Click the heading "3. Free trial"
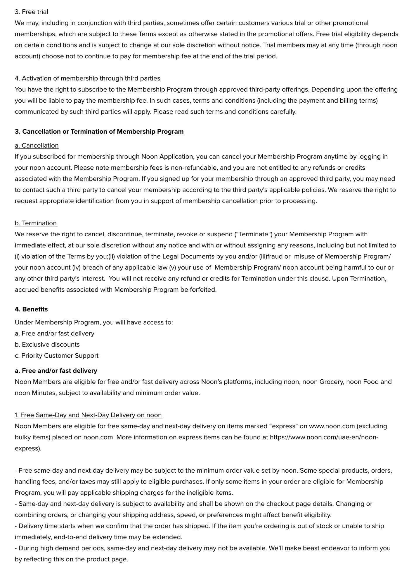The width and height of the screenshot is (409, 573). point(32,12)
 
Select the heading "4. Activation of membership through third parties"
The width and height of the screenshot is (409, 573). point(87,78)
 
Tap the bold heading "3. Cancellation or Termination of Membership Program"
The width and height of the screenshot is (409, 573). point(99,132)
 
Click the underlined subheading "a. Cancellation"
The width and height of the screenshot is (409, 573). point(37,145)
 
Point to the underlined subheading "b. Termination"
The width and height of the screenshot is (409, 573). point(36,223)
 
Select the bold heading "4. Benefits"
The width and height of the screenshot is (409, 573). point(31,309)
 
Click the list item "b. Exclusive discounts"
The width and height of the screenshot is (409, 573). point(47,345)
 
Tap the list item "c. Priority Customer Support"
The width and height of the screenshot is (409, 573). point(57,356)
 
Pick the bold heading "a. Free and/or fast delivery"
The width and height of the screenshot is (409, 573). point(56,371)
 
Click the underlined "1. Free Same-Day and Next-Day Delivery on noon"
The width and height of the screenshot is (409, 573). point(88,415)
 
